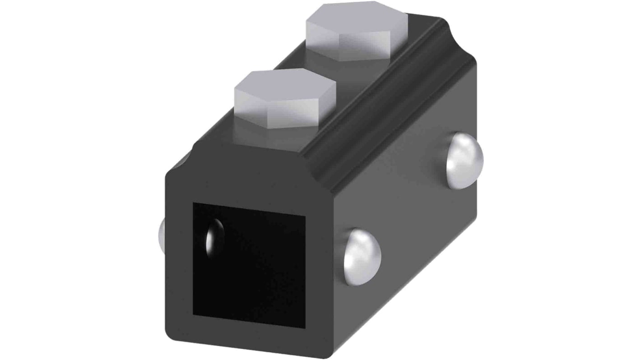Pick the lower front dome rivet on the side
362,257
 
